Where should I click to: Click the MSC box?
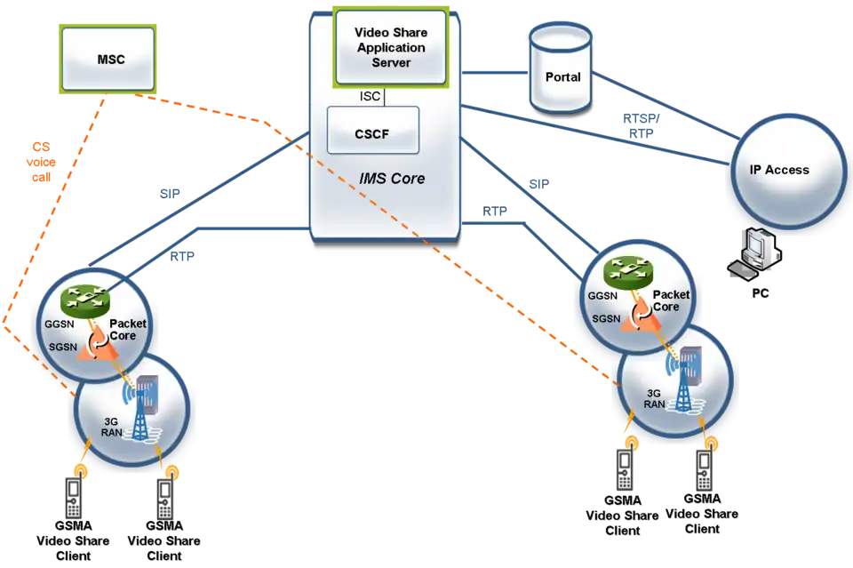[111, 60]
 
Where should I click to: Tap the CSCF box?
[372, 135]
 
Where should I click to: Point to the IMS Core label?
[392, 179]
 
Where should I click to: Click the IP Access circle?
[780, 170]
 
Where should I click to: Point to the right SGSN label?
[604, 318]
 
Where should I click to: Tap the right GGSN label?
[602, 296]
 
